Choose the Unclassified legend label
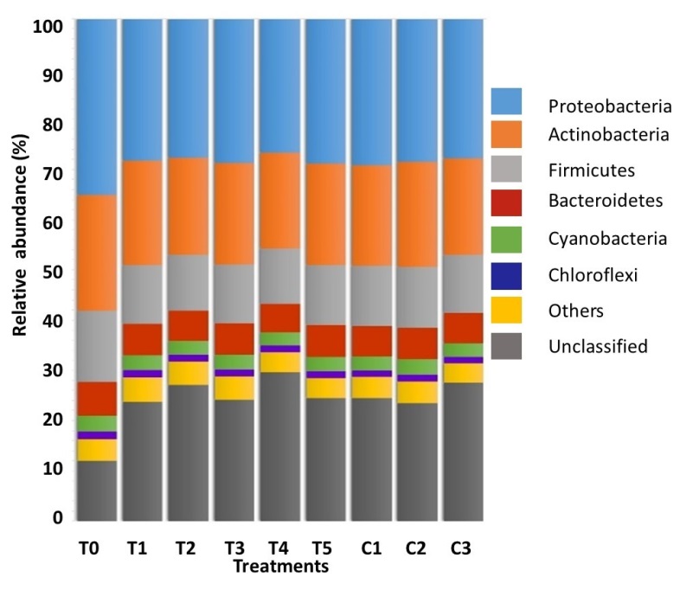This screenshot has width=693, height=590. point(597,346)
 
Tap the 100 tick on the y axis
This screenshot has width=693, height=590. point(48,27)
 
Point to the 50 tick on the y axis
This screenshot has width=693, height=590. point(53,273)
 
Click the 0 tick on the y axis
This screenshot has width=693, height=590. point(58,518)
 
